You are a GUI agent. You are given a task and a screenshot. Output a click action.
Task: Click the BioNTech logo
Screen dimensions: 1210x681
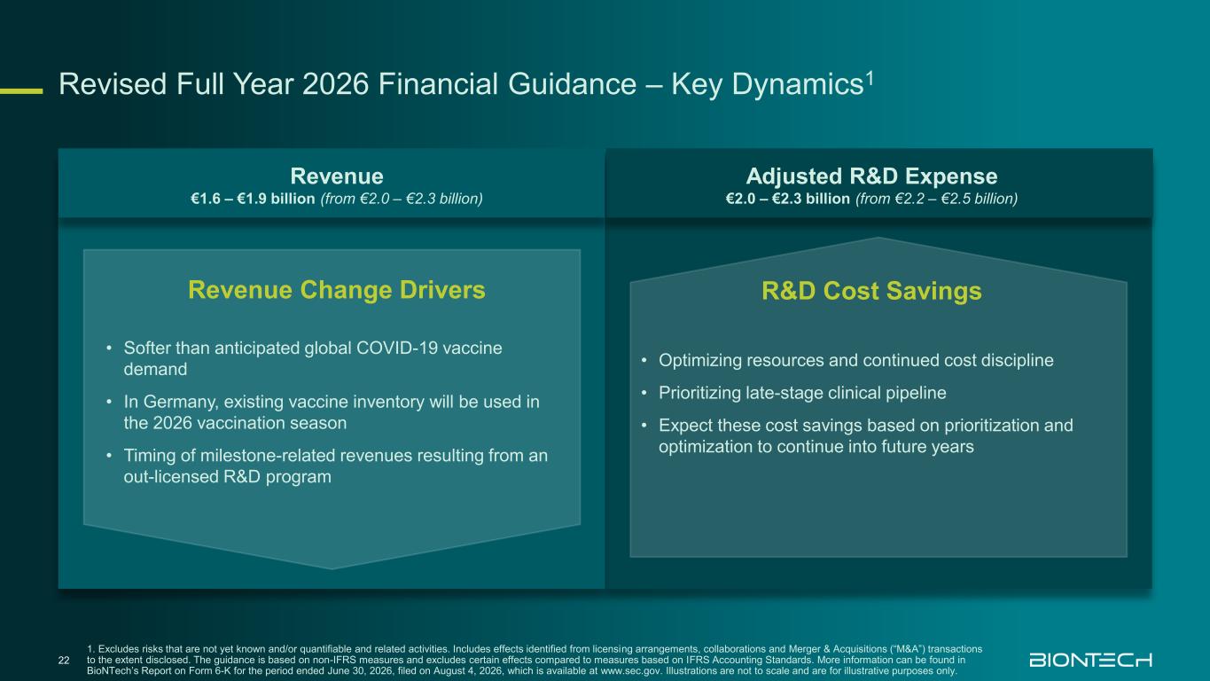1090,660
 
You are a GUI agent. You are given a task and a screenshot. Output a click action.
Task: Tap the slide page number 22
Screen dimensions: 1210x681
64,660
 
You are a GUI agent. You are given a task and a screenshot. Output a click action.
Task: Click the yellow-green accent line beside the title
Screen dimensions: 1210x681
21,91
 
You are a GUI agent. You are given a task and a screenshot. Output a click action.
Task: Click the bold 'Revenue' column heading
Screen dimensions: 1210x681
337,176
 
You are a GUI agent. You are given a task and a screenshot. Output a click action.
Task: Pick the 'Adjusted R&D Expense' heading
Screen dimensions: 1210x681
871,176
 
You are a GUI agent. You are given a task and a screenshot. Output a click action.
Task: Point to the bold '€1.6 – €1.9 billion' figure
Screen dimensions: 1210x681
253,199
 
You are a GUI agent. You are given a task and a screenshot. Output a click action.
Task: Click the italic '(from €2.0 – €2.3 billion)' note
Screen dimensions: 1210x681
402,199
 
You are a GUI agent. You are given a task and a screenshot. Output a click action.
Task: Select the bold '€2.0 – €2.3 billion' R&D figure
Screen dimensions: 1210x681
787,199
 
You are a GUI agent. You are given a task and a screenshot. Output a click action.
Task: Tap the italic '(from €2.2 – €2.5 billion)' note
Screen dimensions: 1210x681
937,199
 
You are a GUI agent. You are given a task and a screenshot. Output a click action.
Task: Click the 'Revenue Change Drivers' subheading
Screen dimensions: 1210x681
337,290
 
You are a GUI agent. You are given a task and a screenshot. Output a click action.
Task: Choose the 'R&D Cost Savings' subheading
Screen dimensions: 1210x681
871,291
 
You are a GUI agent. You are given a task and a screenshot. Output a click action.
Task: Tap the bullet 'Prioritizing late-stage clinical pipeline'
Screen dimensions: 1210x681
802,393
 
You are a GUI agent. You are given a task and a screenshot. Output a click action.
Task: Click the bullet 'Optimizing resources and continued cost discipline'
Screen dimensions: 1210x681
856,361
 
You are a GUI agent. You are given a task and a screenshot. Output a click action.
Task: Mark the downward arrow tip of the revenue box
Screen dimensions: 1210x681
332,568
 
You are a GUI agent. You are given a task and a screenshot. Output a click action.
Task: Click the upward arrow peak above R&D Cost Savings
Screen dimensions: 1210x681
878,238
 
